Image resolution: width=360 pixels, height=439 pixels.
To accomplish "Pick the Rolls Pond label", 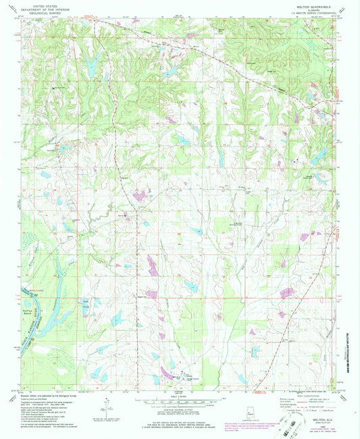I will [86, 301].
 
